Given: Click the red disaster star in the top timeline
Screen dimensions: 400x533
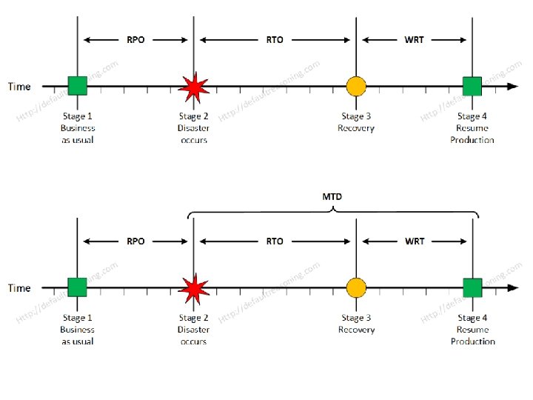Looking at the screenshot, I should coord(194,87).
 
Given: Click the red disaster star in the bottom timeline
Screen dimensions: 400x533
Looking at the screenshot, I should coord(194,287).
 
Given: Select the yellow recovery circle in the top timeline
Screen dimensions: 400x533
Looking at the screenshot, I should coord(356,87).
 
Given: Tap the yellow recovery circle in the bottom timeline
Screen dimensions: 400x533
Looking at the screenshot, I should coord(356,287).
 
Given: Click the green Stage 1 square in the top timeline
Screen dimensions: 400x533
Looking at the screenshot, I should coord(78,86).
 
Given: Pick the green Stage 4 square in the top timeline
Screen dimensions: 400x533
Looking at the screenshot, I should coord(472,87).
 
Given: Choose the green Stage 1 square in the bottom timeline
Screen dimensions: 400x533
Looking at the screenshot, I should coord(78,287).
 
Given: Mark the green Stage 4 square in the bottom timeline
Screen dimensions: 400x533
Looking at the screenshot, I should coord(472,287).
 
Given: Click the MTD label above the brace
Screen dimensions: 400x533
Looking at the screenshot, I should coord(332,198).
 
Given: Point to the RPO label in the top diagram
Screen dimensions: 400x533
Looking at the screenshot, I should coord(135,40).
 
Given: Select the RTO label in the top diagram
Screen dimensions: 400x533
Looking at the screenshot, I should coord(275,40).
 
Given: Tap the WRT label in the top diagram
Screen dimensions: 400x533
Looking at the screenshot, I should coord(415,40).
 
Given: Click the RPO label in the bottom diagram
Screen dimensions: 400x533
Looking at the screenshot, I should coord(135,241).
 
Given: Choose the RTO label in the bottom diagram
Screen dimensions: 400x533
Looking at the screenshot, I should coord(275,241).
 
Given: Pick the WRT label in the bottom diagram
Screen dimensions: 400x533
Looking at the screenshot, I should coord(415,241).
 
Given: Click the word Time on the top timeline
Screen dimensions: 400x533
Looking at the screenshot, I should coord(19,87).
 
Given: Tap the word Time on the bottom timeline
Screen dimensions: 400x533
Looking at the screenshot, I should coord(19,288).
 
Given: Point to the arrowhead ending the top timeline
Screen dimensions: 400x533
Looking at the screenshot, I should coord(513,87).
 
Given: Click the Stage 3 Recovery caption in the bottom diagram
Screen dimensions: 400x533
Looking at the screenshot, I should coord(356,324).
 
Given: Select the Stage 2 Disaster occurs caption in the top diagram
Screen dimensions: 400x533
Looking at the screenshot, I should coord(194,128).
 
